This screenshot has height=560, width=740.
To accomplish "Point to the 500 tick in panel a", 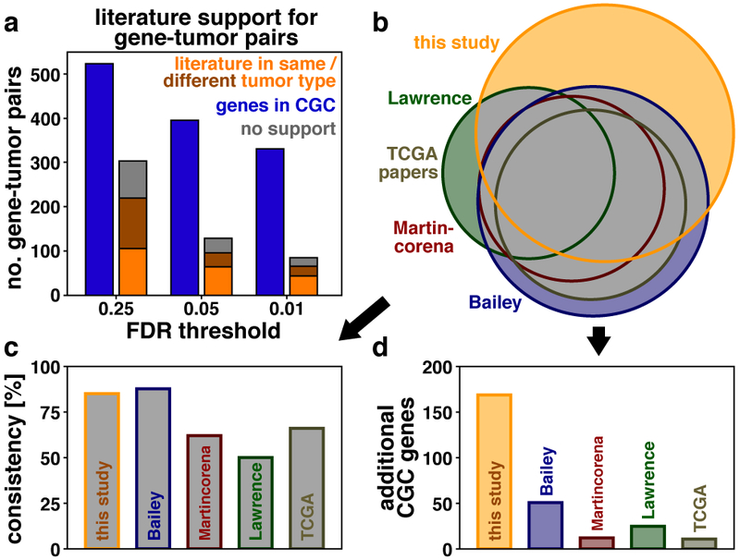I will (47, 74).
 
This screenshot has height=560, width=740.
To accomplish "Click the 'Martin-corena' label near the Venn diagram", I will (425, 236).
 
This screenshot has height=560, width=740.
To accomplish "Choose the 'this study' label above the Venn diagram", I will (457, 42).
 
